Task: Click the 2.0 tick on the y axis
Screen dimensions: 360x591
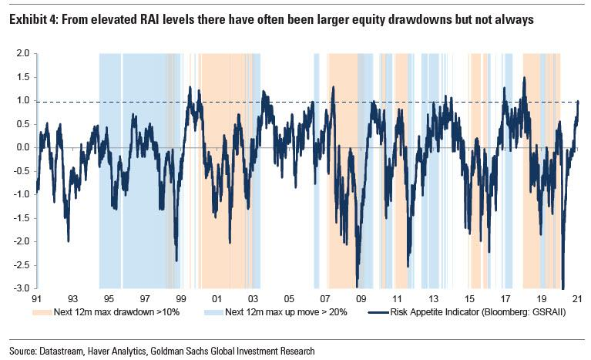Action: point(21,53)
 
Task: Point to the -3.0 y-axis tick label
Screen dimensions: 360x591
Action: point(19,288)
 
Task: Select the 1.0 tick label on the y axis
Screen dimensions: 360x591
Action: point(21,100)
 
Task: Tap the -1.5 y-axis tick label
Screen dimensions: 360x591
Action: point(19,218)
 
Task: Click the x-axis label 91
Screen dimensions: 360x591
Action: point(35,298)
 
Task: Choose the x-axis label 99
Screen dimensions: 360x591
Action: point(180,298)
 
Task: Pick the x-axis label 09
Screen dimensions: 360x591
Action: point(361,298)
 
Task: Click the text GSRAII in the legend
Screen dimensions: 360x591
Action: point(537,313)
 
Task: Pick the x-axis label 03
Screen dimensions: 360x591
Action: point(253,298)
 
